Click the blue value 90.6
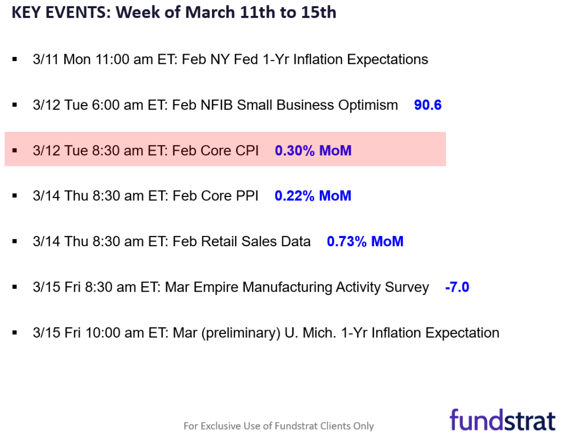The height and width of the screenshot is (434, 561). point(427,105)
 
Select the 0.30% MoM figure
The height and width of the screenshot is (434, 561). point(313,151)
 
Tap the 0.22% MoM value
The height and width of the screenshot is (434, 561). point(313,196)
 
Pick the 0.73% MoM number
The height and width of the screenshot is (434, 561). point(365,241)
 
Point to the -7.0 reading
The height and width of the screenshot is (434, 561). point(457,287)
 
